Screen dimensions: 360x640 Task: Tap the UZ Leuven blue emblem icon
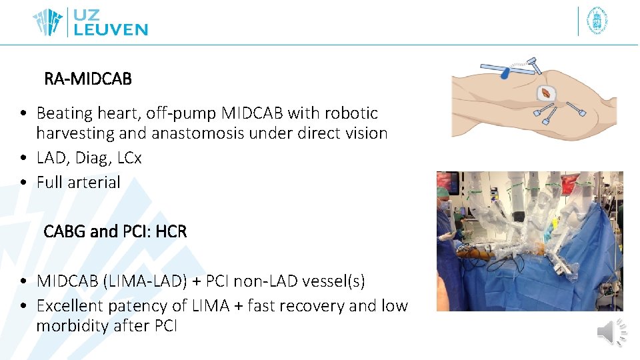[48, 22]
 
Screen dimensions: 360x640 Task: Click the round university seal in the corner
[597, 21]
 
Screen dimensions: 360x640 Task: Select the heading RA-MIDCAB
[88, 79]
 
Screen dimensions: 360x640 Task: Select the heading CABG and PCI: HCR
[115, 232]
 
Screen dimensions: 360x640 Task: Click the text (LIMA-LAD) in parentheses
[145, 281]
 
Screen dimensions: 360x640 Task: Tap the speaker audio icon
[612, 332]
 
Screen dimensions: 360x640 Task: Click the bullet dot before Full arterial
[23, 183]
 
